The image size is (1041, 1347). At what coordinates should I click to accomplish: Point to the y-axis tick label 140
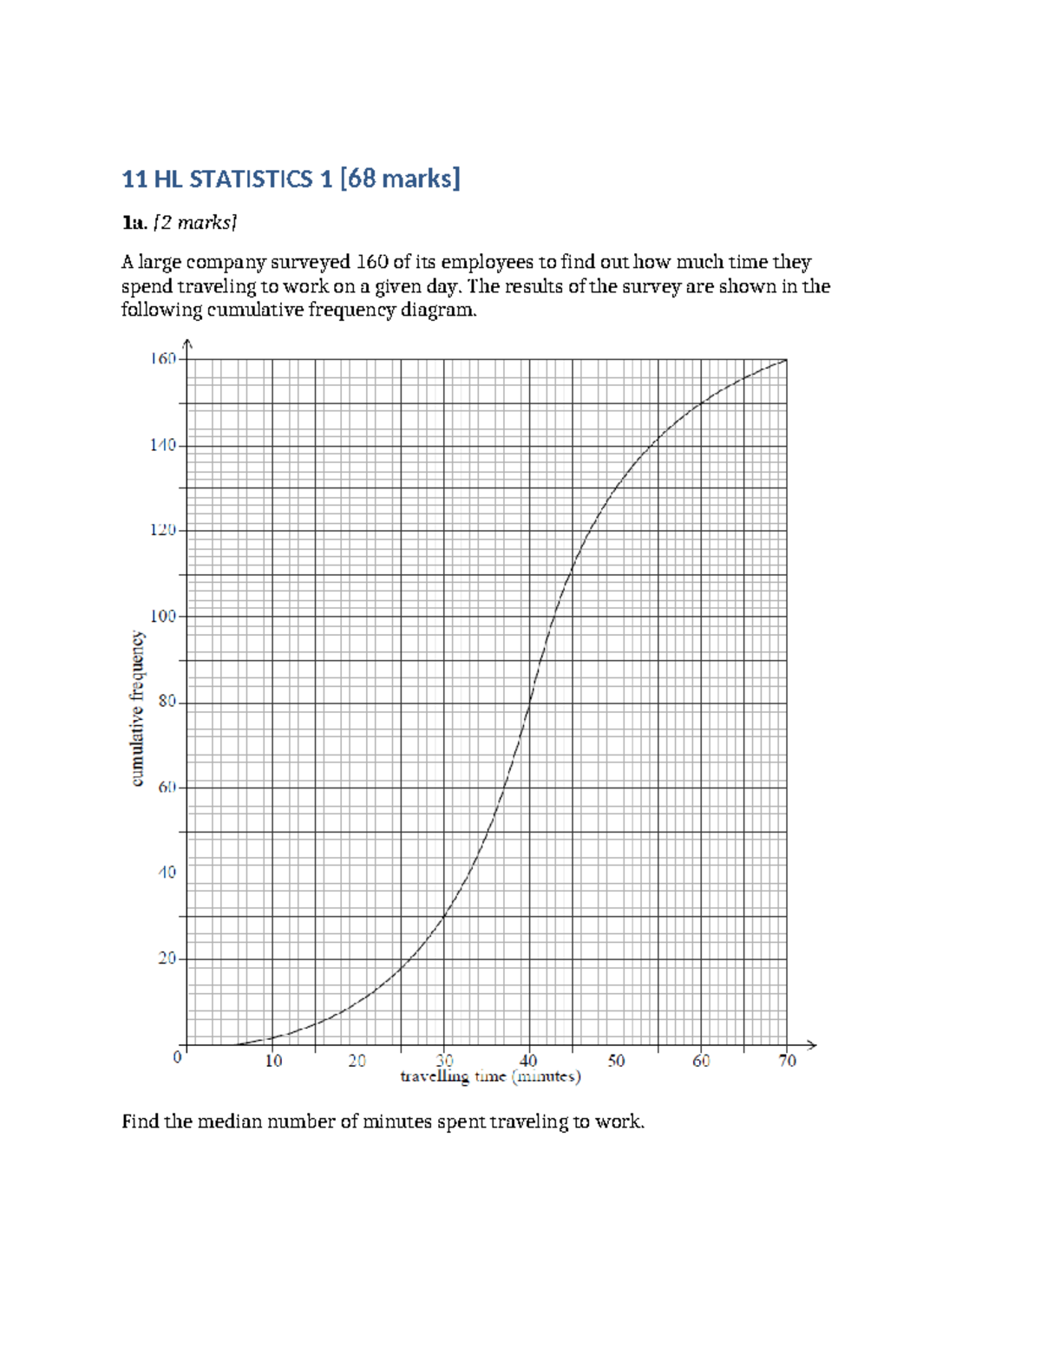163,445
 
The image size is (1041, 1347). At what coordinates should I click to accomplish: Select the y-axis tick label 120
163,530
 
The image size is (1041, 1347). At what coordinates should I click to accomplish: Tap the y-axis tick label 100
163,616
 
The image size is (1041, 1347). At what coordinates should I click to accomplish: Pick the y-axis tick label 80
167,702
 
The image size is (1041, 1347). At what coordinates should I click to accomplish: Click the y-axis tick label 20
167,958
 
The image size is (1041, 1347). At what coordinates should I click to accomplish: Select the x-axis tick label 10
273,1061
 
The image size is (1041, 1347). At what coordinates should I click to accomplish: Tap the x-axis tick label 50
616,1061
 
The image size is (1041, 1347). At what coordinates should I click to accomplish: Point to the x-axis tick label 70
787,1061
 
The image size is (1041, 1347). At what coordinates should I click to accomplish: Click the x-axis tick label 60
701,1061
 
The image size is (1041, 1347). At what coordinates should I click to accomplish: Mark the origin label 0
177,1057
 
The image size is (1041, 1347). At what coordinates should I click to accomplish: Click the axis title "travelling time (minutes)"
490,1077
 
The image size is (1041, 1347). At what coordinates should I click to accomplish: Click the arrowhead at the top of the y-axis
187,343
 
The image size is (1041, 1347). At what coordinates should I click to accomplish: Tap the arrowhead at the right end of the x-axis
812,1044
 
